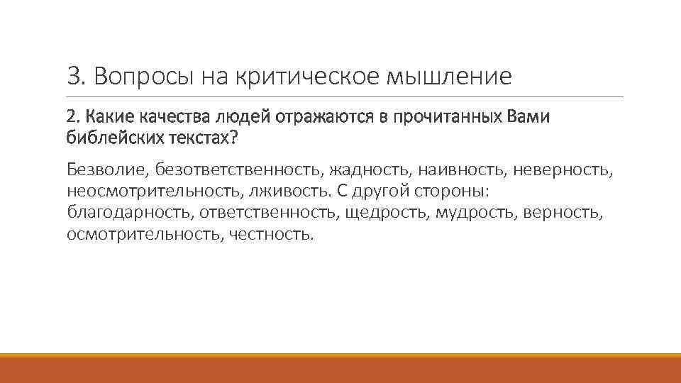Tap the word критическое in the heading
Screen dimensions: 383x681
point(308,76)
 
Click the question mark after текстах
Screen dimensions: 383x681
point(233,137)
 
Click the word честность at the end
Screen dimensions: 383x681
point(270,233)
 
